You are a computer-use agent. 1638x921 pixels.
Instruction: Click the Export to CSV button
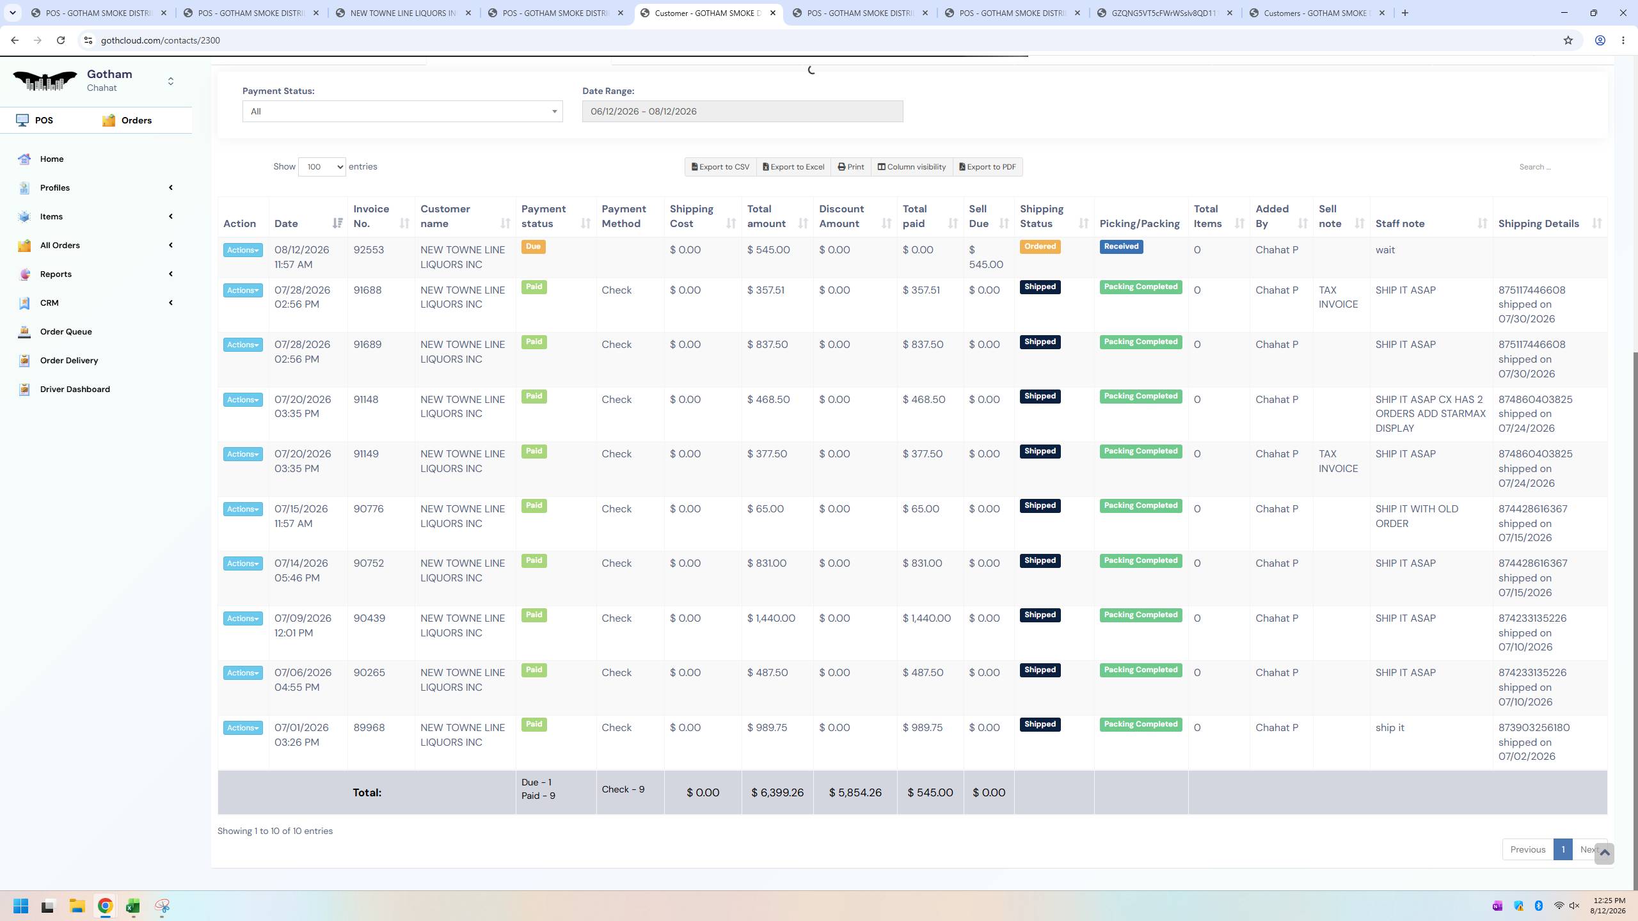tap(720, 167)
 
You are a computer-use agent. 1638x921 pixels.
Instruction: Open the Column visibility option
tap(912, 167)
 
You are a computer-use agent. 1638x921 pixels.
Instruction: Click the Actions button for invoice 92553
tap(243, 250)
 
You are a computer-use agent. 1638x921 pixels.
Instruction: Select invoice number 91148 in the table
tap(366, 400)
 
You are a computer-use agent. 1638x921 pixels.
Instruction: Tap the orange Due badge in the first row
tap(533, 247)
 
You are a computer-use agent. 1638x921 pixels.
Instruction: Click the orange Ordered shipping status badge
tap(1040, 247)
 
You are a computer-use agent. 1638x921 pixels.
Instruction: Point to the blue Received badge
tap(1121, 247)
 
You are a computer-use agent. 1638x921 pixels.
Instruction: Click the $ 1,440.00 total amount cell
tap(771, 618)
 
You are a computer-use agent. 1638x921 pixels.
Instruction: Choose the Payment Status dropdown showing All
tap(402, 111)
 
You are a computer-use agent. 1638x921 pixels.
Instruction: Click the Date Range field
tap(742, 111)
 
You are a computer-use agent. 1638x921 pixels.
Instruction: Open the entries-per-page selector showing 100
tap(322, 167)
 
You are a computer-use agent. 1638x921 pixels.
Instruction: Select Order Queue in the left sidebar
tap(66, 331)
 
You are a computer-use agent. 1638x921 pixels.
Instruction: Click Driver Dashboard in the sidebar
tap(75, 389)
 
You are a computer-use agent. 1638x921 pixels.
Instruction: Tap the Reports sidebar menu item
tap(56, 274)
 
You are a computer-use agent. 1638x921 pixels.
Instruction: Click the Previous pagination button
tap(1527, 849)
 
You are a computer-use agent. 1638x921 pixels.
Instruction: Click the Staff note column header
tap(1400, 224)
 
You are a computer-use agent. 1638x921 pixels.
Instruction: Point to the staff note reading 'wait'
tap(1385, 250)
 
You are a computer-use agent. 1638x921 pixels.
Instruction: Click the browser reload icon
tap(61, 40)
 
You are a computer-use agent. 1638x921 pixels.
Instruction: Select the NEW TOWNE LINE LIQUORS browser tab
tap(403, 13)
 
